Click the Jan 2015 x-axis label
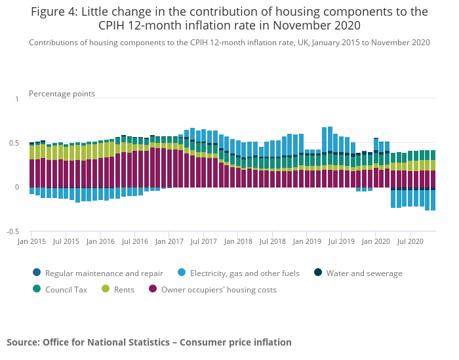(x=31, y=241)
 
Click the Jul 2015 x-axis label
(x=66, y=241)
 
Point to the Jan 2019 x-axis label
(x=307, y=241)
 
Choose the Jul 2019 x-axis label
(x=341, y=241)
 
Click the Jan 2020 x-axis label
(x=376, y=241)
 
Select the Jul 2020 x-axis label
(x=410, y=241)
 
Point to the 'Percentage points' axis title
(x=62, y=94)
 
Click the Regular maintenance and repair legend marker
(x=36, y=273)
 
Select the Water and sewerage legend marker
(x=318, y=273)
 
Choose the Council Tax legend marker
(x=36, y=289)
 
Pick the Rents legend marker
(x=108, y=289)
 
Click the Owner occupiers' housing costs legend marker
(x=153, y=289)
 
